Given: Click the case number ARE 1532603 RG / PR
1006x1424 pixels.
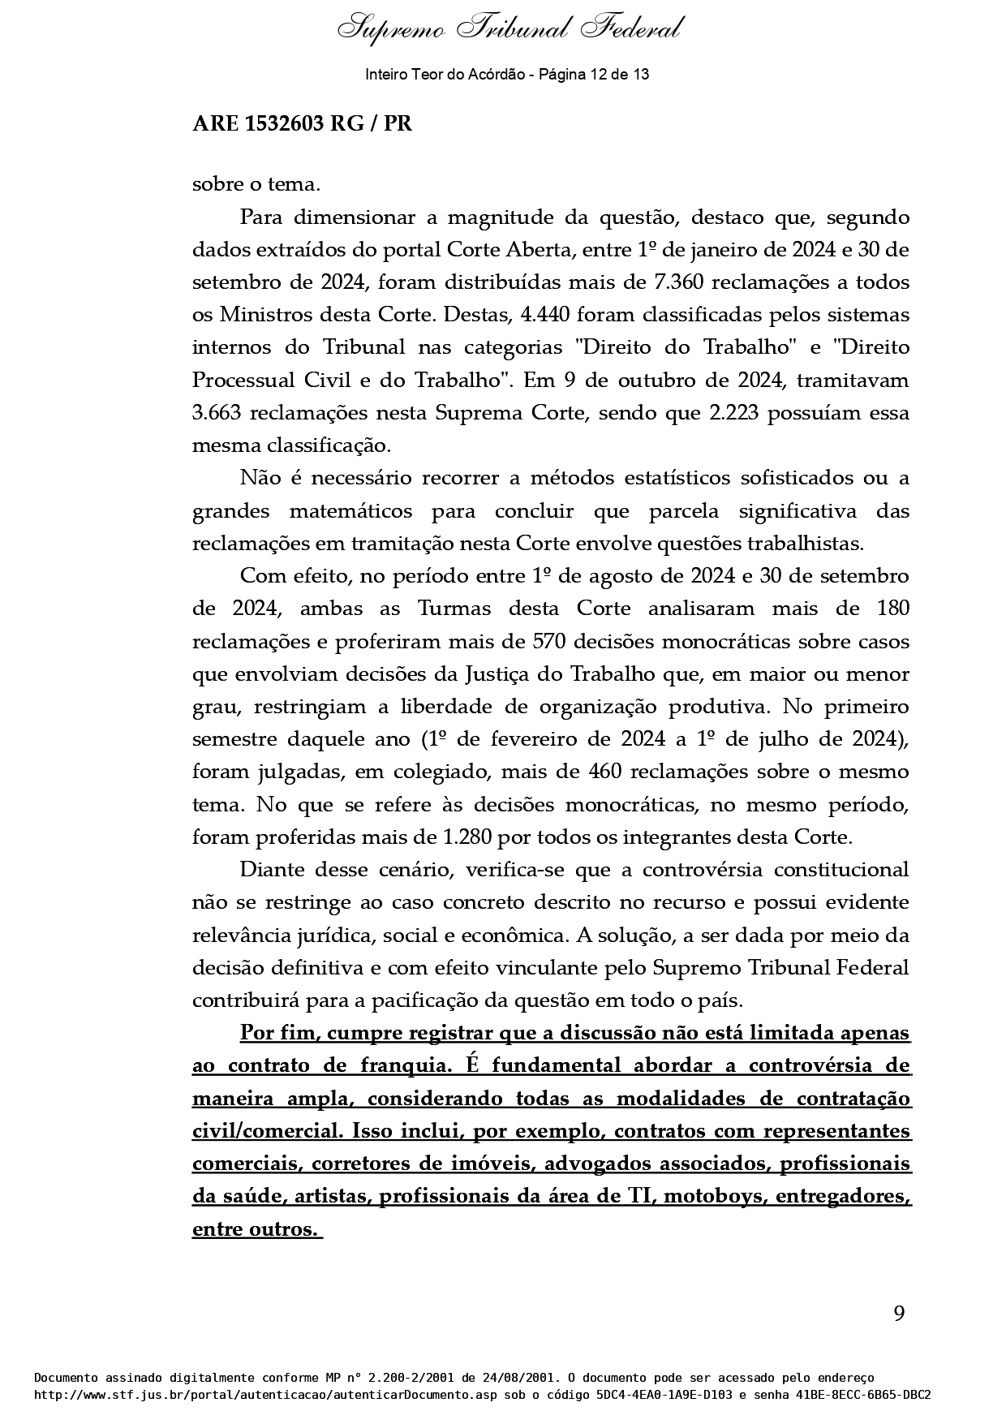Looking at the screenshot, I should pyautogui.click(x=302, y=124).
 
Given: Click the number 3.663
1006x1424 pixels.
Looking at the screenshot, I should pyautogui.click(x=217, y=413).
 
